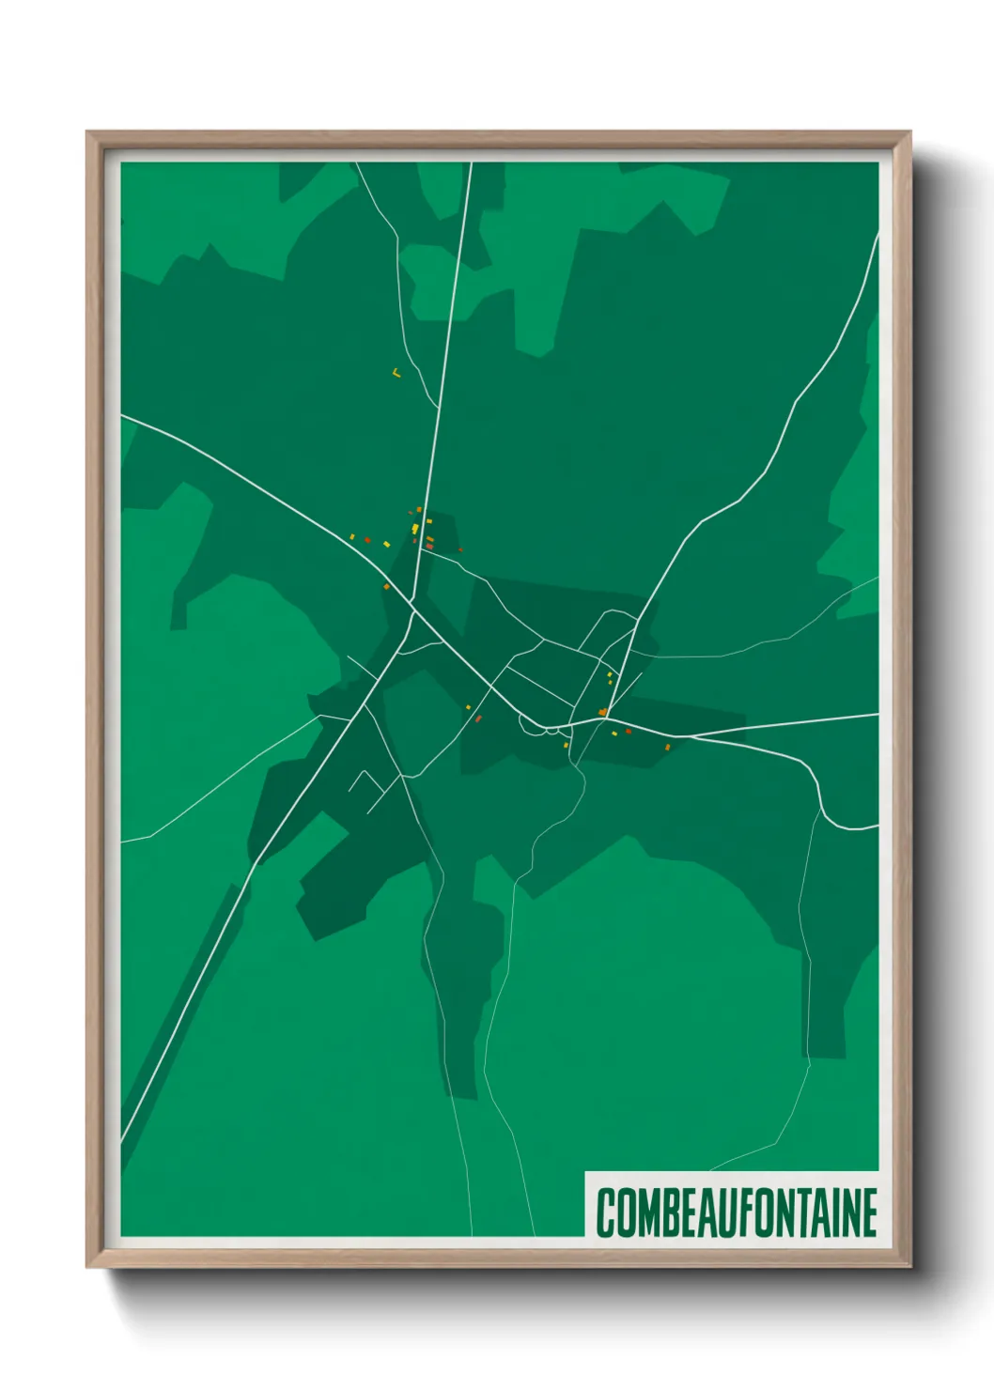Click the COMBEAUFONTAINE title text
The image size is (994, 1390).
737,1212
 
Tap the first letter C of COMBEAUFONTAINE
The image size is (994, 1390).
606,1212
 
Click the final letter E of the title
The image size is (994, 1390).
868,1212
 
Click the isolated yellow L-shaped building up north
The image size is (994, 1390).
396,373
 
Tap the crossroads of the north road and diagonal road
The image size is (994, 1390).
412,601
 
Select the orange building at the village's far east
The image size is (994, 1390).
668,747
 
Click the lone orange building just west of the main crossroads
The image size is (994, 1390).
386,587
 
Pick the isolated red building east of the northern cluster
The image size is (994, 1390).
460,550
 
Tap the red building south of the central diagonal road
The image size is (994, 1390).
478,718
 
